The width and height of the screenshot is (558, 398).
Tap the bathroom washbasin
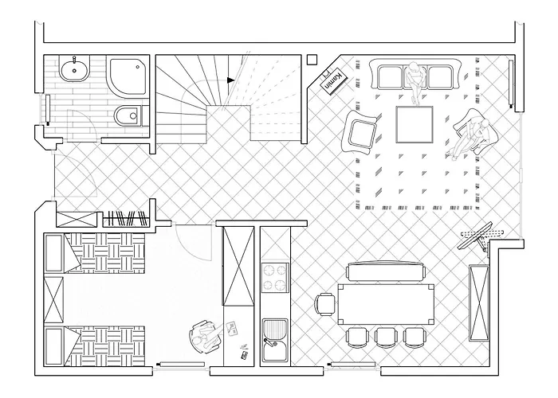point(74,70)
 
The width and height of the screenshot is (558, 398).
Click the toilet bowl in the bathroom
point(127,115)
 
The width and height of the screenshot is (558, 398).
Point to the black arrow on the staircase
point(231,80)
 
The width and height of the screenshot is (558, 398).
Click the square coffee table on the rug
point(415,124)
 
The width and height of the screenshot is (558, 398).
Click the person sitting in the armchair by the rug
point(470,136)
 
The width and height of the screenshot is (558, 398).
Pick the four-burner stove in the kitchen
point(275,278)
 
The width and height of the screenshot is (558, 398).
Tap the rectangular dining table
point(386,304)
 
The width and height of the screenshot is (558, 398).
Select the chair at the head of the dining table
point(325,304)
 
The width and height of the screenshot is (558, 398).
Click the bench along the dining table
point(387,271)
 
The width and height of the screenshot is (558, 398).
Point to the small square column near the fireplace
point(312,60)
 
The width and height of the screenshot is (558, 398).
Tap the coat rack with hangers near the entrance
point(125,219)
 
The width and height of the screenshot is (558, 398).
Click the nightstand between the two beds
point(53,300)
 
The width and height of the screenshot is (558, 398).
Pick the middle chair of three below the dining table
point(386,337)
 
